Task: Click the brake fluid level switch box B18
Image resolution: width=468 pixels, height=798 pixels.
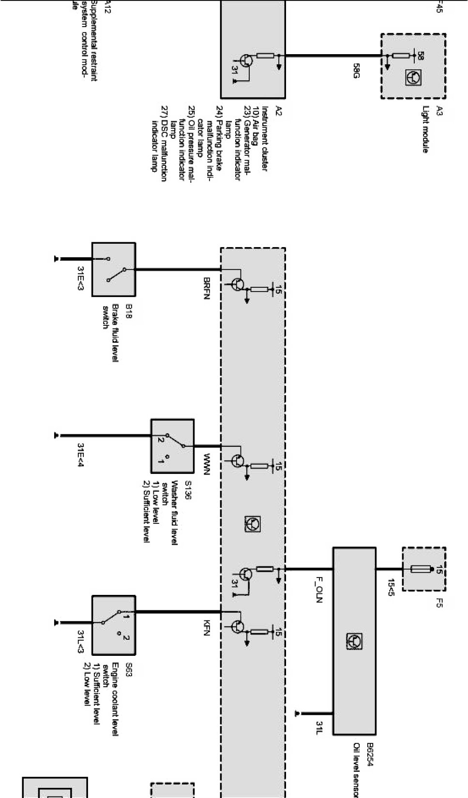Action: click(113, 269)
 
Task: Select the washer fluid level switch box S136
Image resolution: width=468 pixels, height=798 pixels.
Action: click(172, 445)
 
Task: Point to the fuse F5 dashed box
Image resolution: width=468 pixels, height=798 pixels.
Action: click(424, 569)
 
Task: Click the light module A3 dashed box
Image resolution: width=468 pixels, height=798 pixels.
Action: click(413, 66)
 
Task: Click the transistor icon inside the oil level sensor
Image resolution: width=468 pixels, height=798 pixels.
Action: click(354, 641)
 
